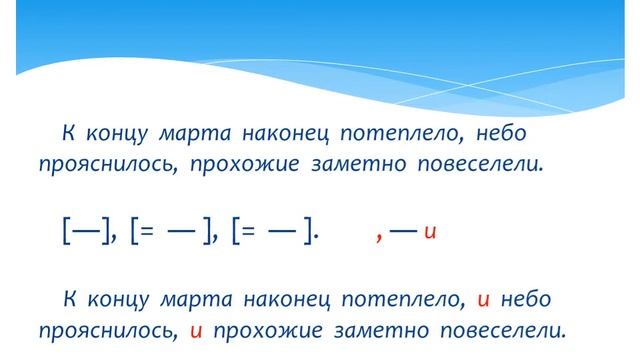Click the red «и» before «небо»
click(484, 298)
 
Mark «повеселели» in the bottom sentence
click(507, 329)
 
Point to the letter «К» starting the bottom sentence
click(70, 298)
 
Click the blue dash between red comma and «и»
click(403, 232)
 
